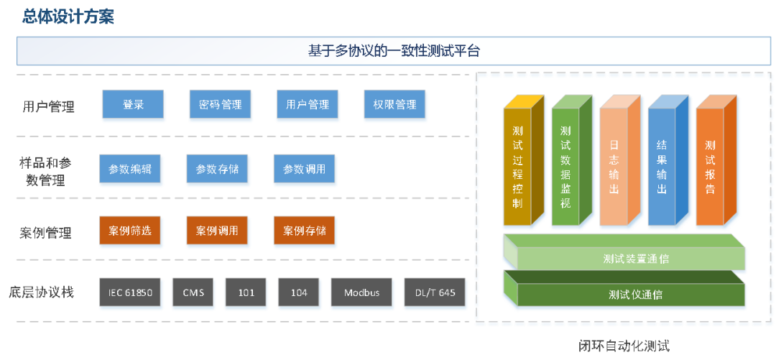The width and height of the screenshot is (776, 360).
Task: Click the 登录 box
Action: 134,105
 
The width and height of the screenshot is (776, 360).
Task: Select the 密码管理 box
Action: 221,105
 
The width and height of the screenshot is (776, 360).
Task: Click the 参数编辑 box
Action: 130,170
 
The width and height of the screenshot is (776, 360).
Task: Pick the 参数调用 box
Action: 304,170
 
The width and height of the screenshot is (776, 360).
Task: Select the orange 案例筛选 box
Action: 130,231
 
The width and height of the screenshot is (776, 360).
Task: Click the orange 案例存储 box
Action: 304,231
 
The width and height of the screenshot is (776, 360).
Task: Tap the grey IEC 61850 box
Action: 131,292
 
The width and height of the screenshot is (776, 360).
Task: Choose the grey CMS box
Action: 193,292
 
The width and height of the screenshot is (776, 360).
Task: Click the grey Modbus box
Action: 361,292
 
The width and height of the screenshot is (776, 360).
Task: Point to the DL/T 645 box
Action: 435,292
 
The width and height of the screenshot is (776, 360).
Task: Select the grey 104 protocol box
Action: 299,292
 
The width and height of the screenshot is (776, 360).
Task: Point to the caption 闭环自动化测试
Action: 624,346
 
